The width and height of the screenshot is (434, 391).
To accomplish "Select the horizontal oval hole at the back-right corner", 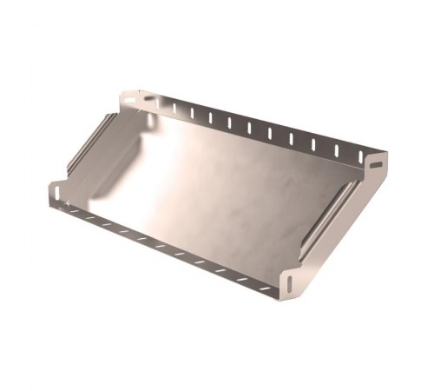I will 376,162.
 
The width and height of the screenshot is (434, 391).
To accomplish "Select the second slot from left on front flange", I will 91,217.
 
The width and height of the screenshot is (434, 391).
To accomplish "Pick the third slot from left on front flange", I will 108,223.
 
